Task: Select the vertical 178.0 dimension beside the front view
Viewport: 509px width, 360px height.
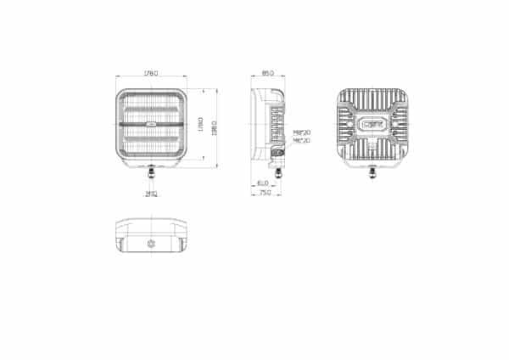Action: [199, 124]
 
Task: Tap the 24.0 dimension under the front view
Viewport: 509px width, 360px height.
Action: [152, 194]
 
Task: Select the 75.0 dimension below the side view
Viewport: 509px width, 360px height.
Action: [266, 194]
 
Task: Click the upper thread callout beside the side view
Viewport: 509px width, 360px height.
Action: [301, 133]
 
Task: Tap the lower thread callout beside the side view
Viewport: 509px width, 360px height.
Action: [301, 141]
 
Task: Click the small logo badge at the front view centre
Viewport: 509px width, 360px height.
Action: [152, 124]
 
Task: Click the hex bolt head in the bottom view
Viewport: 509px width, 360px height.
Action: [152, 244]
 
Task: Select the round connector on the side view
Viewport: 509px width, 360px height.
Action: [277, 153]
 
